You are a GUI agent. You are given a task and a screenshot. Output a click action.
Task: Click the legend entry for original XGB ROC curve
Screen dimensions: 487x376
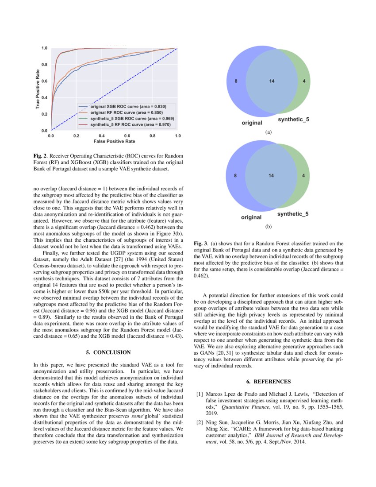tap(128, 107)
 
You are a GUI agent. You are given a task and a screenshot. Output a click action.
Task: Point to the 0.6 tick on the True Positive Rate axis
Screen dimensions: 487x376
tap(45, 81)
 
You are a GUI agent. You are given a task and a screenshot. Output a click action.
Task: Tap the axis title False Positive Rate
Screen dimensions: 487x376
tap(114, 142)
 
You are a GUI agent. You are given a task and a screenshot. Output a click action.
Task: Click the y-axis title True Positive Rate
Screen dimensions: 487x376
tap(38, 89)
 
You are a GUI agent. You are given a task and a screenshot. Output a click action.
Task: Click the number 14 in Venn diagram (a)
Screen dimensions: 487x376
tap(272, 81)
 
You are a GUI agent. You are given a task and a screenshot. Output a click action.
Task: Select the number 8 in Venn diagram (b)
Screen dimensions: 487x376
tap(236, 176)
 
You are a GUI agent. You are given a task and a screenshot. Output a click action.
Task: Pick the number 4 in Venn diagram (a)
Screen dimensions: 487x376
tap(303, 81)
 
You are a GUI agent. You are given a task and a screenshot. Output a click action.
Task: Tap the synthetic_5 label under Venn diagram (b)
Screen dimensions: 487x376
tap(293, 214)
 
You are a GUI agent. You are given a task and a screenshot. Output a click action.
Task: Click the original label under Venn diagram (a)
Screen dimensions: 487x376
tap(251, 123)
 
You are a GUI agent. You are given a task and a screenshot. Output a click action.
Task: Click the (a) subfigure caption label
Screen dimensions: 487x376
tap(268, 132)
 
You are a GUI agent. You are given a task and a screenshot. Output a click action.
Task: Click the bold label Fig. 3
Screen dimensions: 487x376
tap(200, 243)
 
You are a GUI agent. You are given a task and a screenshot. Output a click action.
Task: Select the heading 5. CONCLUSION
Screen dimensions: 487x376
tap(108, 352)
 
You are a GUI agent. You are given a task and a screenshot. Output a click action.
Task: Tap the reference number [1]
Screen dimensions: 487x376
tap(200, 394)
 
